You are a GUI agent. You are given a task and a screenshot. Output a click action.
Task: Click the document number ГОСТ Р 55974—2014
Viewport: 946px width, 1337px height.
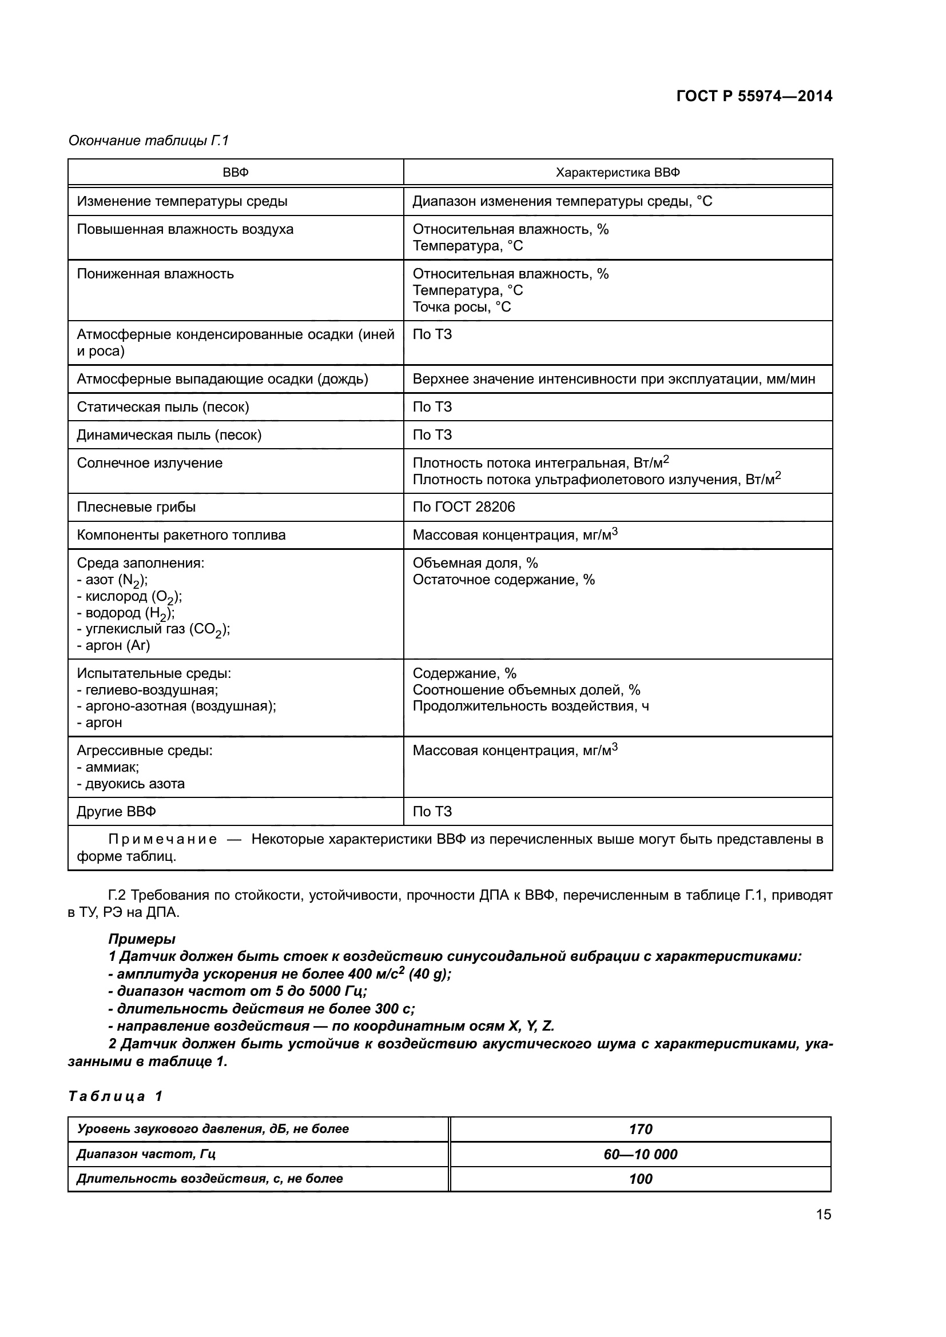coord(754,96)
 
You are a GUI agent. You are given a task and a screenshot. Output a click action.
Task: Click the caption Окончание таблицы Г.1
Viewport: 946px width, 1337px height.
coord(149,141)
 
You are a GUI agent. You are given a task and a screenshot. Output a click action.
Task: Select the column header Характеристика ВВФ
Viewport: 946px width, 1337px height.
coord(618,173)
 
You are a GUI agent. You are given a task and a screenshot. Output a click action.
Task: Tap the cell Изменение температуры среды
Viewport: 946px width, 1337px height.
coord(182,201)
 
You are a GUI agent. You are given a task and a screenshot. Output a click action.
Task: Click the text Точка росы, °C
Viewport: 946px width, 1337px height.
coord(462,307)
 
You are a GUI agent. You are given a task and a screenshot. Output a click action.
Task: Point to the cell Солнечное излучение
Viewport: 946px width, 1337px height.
coord(150,463)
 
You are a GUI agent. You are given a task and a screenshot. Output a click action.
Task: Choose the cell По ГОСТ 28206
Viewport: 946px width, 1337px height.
coord(464,506)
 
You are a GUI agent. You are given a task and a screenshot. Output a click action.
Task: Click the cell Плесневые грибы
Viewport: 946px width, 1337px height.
coord(136,506)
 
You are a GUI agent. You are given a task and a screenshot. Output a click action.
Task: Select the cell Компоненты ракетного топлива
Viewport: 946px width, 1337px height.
coord(181,535)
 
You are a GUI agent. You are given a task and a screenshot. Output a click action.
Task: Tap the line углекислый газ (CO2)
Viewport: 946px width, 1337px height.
coord(154,629)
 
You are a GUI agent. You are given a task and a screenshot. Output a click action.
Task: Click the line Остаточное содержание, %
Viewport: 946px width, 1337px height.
coord(503,580)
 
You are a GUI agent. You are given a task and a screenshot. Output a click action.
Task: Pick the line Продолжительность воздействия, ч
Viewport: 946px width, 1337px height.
coord(531,707)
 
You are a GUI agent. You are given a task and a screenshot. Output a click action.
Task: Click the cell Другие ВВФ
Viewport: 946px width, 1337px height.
coord(117,812)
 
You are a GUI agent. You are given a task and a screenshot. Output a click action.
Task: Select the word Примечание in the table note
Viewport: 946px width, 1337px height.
coord(162,839)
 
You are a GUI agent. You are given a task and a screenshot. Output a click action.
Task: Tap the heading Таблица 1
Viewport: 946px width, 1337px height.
coord(115,1096)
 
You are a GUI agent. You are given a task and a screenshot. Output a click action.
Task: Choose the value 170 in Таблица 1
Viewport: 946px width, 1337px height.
coord(640,1129)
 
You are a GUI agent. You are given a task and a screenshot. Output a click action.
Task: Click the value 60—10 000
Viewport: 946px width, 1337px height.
coord(640,1154)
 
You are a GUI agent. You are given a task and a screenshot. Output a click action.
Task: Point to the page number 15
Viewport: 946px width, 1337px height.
coord(823,1214)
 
